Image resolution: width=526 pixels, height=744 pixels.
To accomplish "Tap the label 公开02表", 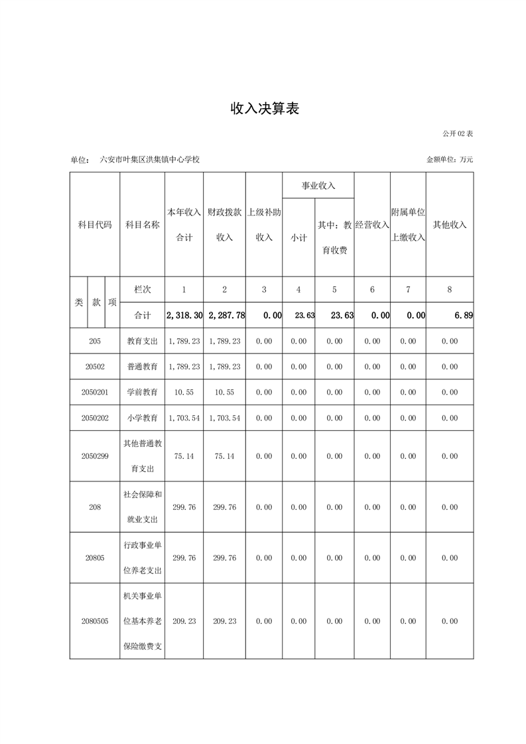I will point(458,133).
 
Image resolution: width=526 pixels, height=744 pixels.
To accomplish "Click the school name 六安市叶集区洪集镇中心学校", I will point(149,160).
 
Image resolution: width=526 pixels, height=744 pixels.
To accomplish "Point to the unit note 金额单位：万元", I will point(450,160).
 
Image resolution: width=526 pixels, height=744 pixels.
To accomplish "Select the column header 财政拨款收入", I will point(224,225).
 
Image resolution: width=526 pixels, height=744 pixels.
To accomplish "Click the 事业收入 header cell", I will point(318,186).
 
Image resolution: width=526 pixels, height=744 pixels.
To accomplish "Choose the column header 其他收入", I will point(450,225).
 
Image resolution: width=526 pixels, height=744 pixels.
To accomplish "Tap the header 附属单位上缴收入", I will point(408,225).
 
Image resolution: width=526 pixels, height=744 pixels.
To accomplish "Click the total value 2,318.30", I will point(184,316).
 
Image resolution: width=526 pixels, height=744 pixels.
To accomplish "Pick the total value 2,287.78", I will point(226,316).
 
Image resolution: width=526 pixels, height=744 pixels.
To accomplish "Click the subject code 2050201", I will point(94,393).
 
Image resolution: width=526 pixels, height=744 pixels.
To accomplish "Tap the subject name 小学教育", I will point(143,418).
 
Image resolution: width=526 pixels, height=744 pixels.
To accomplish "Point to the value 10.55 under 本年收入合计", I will point(184,393).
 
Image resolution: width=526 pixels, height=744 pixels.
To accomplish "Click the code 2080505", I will point(94,621).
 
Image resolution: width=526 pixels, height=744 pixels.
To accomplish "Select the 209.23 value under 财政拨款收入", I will point(224,621).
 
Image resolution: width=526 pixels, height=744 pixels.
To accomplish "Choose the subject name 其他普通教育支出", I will point(143,456).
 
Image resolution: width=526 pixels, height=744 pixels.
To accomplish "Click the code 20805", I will point(94,558).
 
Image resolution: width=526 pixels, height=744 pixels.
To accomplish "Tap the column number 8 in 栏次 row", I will point(450,290).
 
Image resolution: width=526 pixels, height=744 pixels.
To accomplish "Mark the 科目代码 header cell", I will point(94,225).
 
